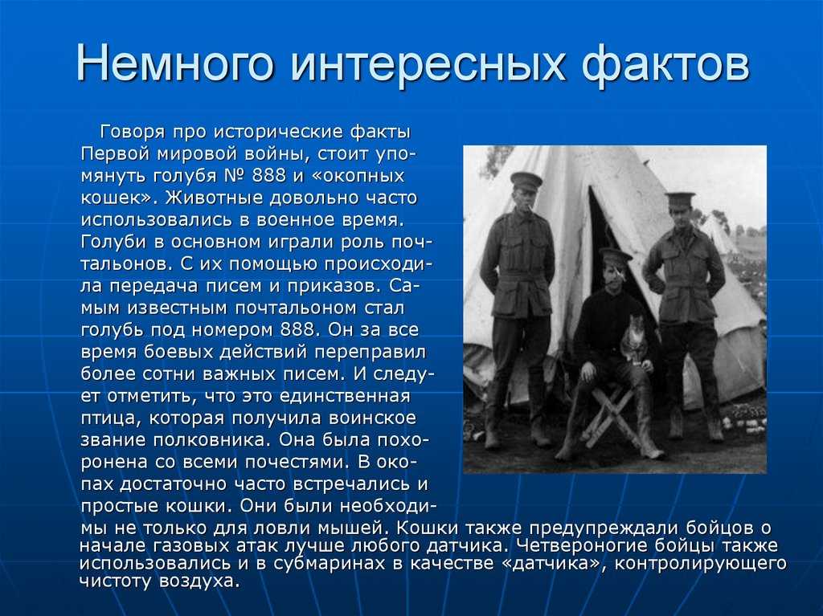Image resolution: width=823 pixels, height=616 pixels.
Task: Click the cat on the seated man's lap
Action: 633,338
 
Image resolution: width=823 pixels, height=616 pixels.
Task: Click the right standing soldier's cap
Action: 680,199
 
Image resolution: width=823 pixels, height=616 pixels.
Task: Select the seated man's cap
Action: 613,255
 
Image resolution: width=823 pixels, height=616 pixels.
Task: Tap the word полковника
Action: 211,439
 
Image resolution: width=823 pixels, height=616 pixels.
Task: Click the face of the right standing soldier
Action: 681,217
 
